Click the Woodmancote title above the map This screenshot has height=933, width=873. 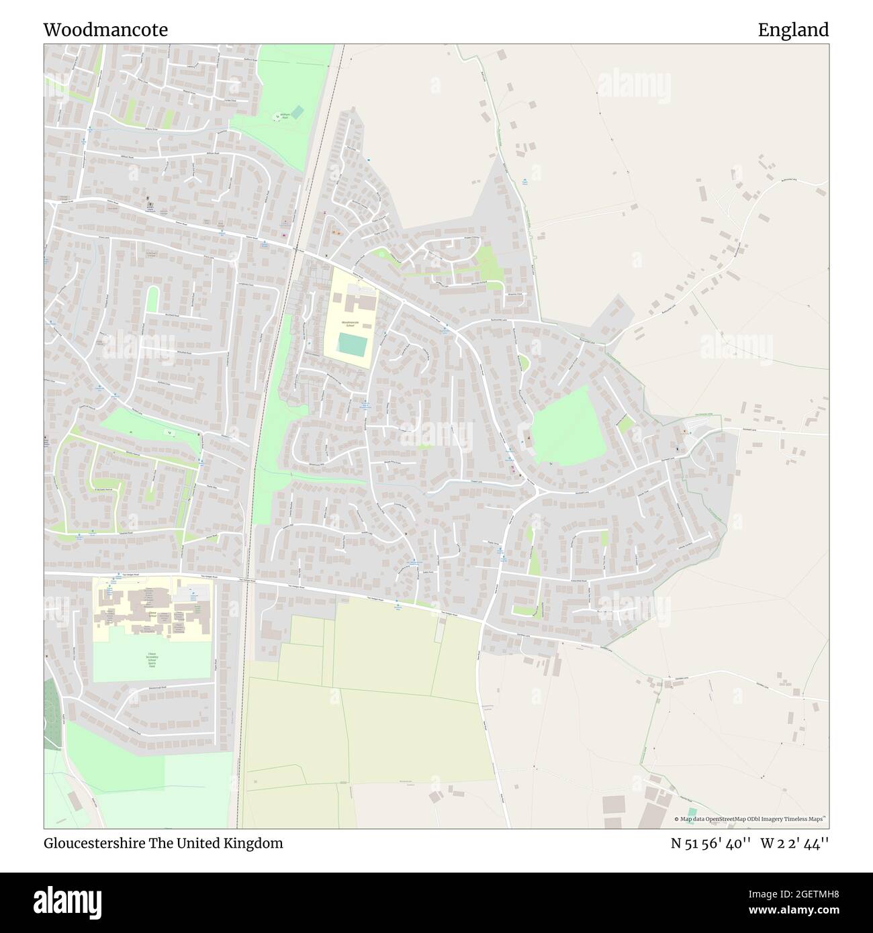pyautogui.click(x=105, y=30)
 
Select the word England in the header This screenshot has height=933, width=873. pyautogui.click(x=793, y=30)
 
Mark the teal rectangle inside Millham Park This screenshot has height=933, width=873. pyautogui.click(x=295, y=112)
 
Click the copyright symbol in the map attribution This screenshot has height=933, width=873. pyautogui.click(x=676, y=819)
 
